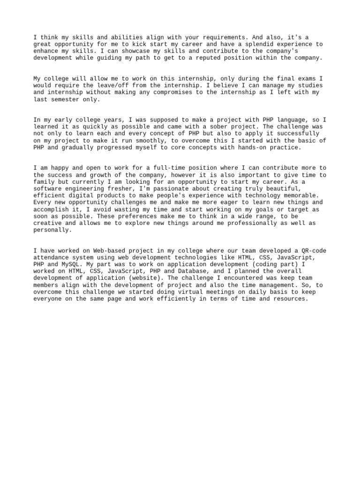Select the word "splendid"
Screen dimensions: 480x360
(x=249, y=44)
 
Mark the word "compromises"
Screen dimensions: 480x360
(x=172, y=92)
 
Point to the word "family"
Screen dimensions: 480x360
(x=45, y=182)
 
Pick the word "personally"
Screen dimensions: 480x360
(x=52, y=230)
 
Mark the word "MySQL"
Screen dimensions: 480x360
(x=72, y=264)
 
